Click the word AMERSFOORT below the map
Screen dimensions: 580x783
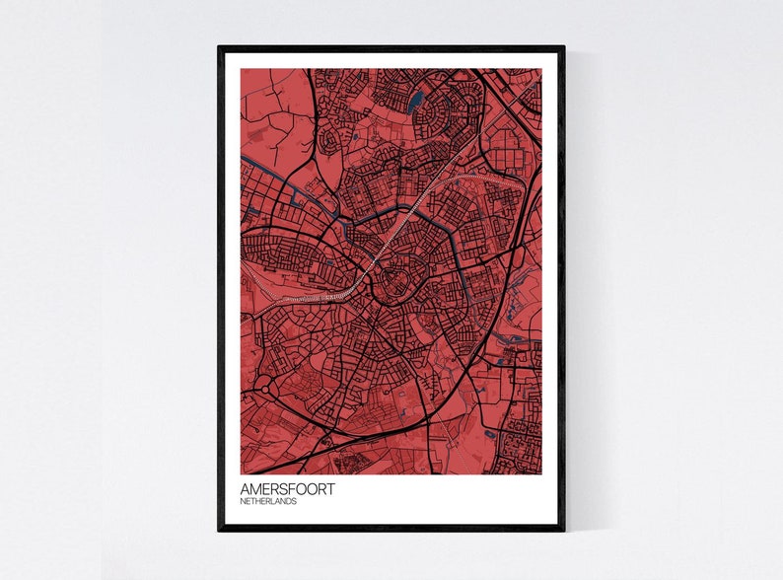click(287, 488)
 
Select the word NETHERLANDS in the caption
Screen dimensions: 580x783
click(268, 501)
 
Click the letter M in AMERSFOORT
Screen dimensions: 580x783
click(255, 488)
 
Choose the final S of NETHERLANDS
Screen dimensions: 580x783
click(294, 501)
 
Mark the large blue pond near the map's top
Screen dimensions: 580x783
click(415, 100)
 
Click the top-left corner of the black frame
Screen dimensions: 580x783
click(220, 47)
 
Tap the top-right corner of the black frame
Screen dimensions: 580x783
click(563, 47)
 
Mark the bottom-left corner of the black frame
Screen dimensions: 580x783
click(220, 529)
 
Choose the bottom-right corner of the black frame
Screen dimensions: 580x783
click(563, 529)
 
